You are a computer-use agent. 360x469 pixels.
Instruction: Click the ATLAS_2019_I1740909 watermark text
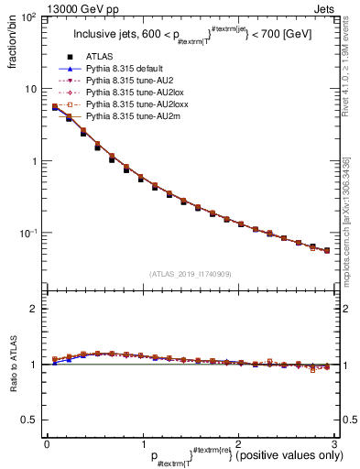191,274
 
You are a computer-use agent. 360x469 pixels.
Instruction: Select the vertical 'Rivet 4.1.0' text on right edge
347,78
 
